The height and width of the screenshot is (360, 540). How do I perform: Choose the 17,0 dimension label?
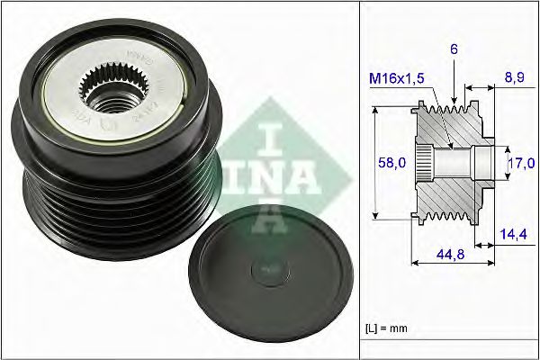521,163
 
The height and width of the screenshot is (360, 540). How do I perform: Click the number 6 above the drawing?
454,52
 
